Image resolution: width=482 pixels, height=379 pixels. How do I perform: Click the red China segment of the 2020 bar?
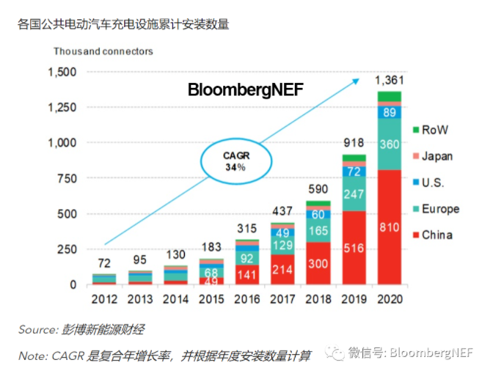pos(390,228)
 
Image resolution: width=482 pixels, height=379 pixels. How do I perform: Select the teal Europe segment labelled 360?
pos(390,144)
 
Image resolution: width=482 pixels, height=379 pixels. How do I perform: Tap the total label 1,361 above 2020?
pos(390,79)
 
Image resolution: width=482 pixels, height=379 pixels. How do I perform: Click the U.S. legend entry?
pos(433,183)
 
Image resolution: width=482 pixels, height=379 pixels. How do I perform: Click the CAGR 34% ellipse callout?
pos(234,162)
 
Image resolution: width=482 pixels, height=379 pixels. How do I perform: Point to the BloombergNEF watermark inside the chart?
pos(245,90)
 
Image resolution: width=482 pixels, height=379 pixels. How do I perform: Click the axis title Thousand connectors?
pos(103,51)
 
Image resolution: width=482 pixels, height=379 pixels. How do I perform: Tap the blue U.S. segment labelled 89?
pos(390,112)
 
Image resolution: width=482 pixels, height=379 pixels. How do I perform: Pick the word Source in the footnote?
pos(37,329)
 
